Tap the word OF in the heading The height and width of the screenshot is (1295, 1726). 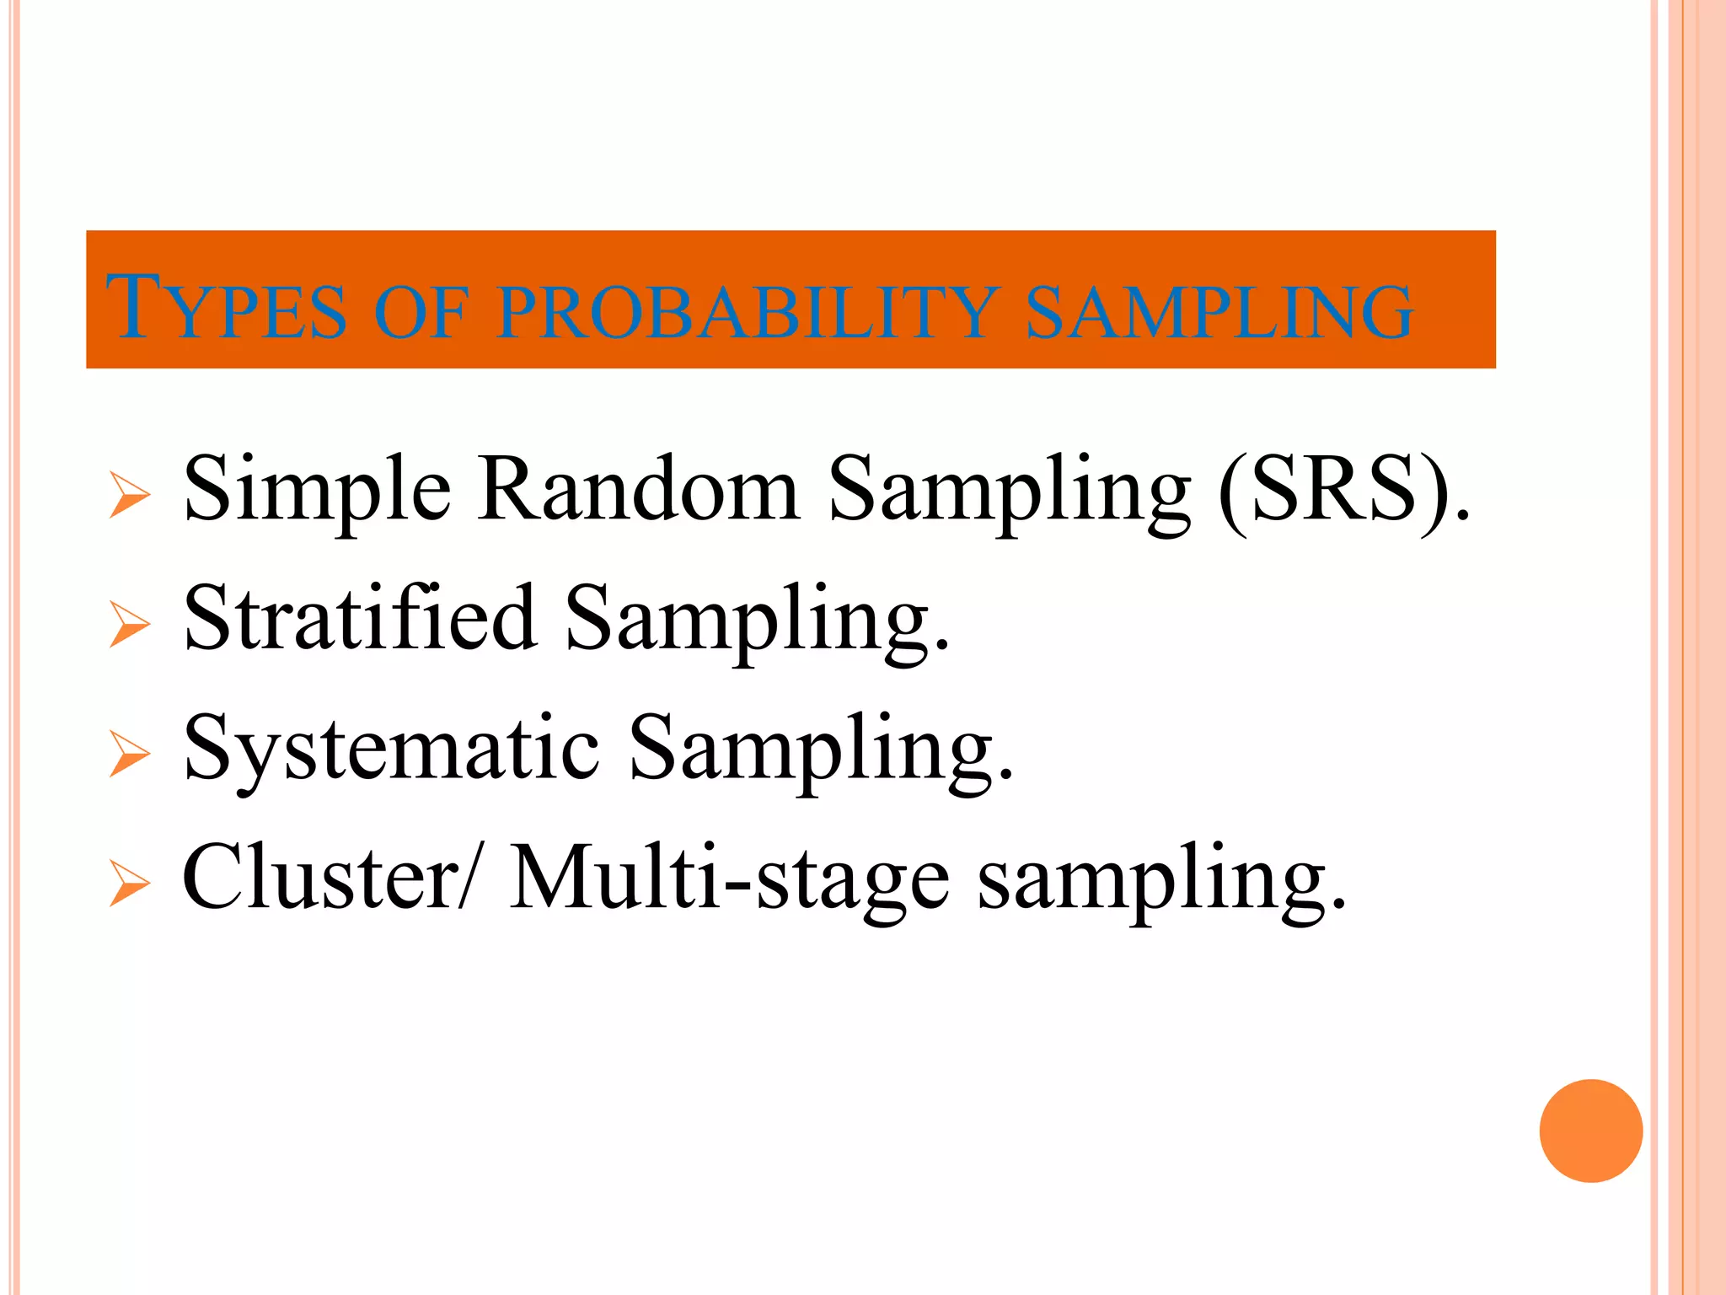pyautogui.click(x=420, y=312)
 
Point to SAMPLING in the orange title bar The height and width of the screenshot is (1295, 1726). pyautogui.click(x=1219, y=312)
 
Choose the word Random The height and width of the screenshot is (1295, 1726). pyautogui.click(x=639, y=489)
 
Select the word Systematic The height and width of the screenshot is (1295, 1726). pyautogui.click(x=392, y=749)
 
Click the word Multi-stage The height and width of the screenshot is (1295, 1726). pyautogui.click(x=730, y=879)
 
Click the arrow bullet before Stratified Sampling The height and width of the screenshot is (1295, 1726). pyautogui.click(x=130, y=625)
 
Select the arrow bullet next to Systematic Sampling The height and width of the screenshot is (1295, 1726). pyautogui.click(x=130, y=754)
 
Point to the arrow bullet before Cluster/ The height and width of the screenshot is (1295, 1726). pyautogui.click(x=130, y=884)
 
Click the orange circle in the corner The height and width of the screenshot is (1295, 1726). pyautogui.click(x=1590, y=1131)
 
